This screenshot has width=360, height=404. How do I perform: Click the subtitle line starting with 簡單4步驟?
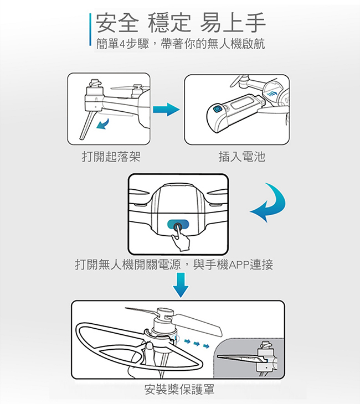(x=180, y=44)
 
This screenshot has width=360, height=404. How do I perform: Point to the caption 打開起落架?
(x=110, y=157)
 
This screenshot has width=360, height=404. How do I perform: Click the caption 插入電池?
(x=242, y=157)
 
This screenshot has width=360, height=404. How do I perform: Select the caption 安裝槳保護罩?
(x=178, y=389)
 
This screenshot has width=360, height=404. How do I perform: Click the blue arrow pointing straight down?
(x=181, y=284)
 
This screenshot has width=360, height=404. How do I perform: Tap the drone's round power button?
(x=178, y=226)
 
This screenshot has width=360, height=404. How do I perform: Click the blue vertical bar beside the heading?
(x=90, y=30)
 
